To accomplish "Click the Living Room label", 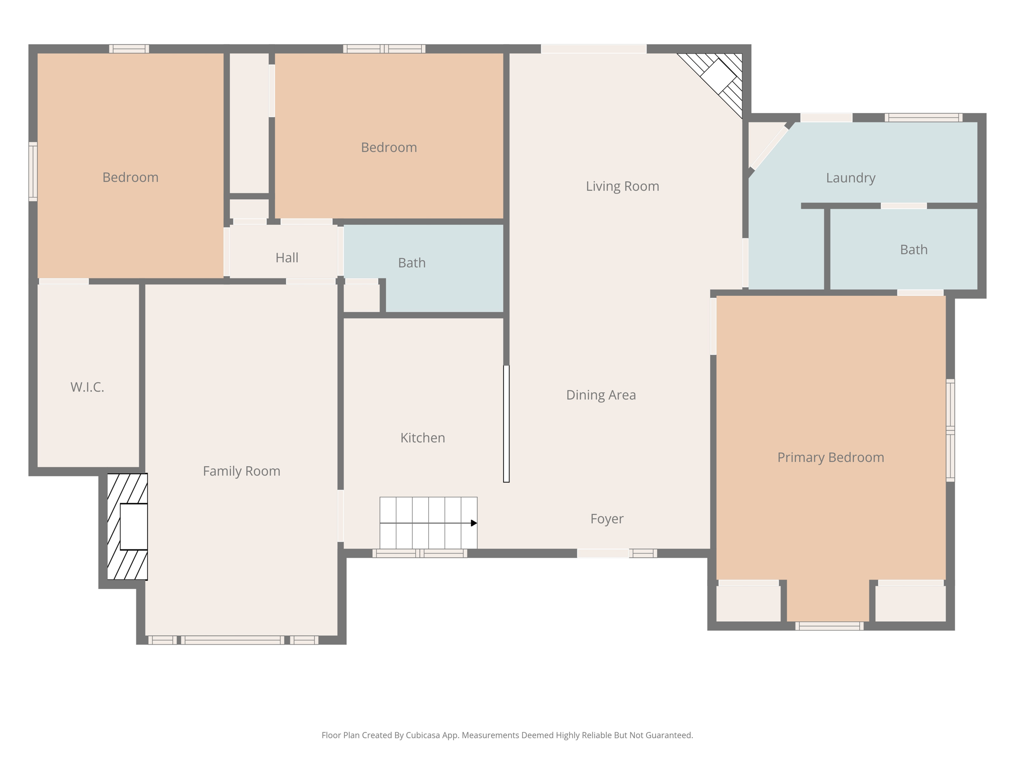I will [622, 186].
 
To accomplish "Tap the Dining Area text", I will [601, 395].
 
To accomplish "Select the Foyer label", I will [607, 519].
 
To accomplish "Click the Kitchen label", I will [422, 438].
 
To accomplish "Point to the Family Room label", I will [241, 471].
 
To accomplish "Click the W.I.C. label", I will [87, 387].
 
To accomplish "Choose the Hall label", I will [286, 258].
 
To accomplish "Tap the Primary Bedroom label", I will [830, 457].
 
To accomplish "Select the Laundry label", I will [850, 178].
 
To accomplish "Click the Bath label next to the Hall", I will [411, 263].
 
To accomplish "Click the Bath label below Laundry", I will [913, 250].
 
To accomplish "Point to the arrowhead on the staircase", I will [474, 523].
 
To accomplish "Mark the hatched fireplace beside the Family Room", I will [128, 527].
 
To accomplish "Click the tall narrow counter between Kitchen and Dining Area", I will [506, 424].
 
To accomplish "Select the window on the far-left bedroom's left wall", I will [33, 171].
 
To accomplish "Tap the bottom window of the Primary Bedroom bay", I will [829, 626].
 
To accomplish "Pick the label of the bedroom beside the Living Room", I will [389, 148].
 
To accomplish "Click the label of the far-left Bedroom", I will [130, 177].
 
